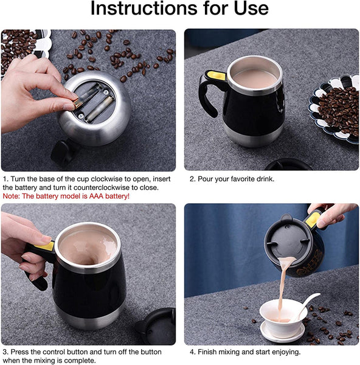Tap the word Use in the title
tap(251, 8)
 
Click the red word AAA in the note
tap(96, 196)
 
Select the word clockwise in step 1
tap(107, 179)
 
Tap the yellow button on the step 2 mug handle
tap(216, 75)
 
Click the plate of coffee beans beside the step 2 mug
tap(335, 108)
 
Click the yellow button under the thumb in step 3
tap(45, 246)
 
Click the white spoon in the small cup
tap(306, 305)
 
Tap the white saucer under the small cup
tap(282, 332)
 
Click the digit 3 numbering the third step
tap(5, 352)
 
